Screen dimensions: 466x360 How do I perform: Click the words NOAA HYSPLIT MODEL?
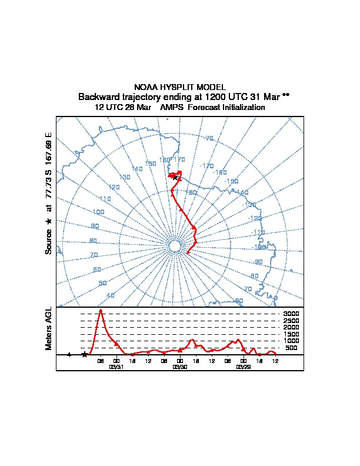click(180, 87)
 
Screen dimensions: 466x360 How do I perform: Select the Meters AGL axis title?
click(49, 328)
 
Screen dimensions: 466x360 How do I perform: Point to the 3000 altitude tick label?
click(291, 314)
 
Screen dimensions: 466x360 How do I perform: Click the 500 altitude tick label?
click(291, 348)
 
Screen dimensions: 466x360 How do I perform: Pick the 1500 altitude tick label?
click(291, 334)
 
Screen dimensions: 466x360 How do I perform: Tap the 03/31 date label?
click(116, 366)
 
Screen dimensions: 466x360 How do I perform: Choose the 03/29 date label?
click(244, 366)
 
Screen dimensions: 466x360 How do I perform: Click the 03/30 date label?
click(180, 366)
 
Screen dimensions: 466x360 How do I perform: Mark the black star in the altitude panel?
click(85, 354)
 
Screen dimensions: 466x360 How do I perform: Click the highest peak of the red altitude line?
click(101, 310)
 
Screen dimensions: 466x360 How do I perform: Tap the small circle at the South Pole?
click(174, 246)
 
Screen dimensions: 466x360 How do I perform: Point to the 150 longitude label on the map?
click(151, 164)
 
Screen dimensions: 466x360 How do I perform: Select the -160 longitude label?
click(220, 172)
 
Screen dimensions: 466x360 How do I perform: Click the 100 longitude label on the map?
click(98, 212)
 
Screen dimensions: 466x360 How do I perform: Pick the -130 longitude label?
click(251, 205)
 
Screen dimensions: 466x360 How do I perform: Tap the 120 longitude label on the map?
click(114, 187)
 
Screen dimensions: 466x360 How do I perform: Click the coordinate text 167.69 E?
click(49, 142)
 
